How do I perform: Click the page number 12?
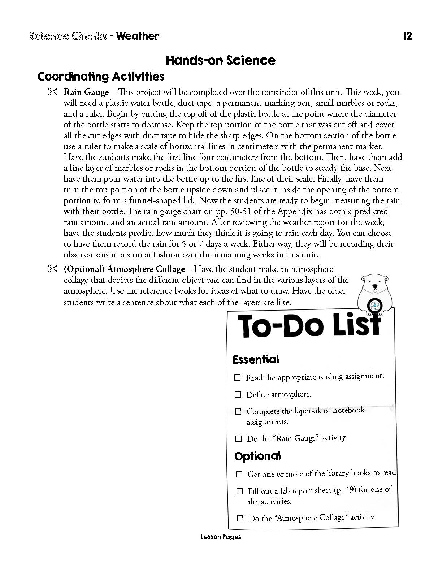(407, 36)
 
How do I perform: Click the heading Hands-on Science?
(220, 60)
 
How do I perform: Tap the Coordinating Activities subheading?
(101, 77)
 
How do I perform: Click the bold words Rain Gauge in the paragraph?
(86, 92)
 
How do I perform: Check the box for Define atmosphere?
(238, 394)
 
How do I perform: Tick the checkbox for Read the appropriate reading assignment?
(237, 377)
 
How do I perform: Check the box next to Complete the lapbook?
(238, 411)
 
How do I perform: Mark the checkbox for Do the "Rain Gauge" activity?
(238, 439)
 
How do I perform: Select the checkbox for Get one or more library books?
(239, 474)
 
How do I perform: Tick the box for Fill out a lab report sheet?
(239, 491)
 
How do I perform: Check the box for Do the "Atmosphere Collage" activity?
(240, 518)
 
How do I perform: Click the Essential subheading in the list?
(256, 359)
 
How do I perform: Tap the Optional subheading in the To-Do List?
(257, 456)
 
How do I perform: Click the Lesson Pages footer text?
(221, 537)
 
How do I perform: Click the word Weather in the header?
(138, 36)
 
